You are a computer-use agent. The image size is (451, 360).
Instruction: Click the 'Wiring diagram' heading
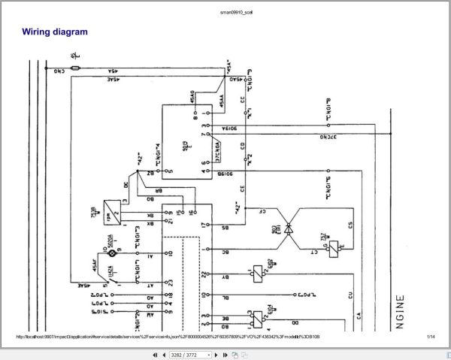(x=54, y=32)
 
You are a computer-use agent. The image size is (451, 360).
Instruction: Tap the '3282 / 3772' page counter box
(x=187, y=354)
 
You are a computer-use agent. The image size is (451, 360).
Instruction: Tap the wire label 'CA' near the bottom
(x=359, y=319)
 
